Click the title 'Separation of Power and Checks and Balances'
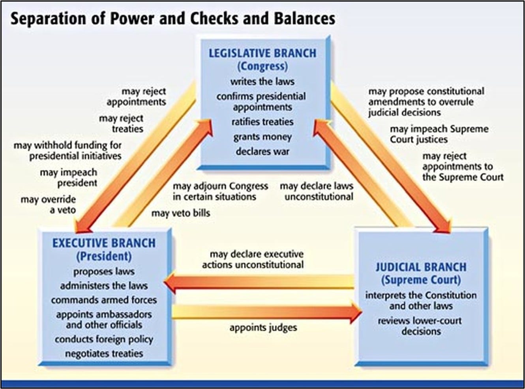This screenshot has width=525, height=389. tap(173, 19)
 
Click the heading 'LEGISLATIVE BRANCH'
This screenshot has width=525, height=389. tap(262, 53)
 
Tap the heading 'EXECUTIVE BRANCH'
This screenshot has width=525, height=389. tap(104, 243)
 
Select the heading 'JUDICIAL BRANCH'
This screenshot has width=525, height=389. tap(421, 267)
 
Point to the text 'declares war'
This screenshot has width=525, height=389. tap(262, 151)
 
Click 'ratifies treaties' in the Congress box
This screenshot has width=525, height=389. tap(262, 122)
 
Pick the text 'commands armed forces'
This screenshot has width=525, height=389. tap(104, 300)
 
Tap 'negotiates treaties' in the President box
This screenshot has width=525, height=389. tap(104, 354)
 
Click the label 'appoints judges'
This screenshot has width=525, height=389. tap(263, 328)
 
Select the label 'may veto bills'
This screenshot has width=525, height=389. tap(181, 213)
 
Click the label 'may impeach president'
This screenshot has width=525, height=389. tap(69, 178)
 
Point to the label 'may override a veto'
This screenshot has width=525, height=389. tap(48, 205)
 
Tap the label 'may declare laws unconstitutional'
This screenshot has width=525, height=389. tap(317, 191)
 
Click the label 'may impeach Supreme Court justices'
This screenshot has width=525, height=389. tap(439, 134)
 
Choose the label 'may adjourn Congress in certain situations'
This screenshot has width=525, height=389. tap(220, 191)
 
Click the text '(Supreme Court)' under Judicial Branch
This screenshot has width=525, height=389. tap(421, 280)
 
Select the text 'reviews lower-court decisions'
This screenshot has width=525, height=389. tap(420, 326)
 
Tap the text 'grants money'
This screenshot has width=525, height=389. tap(262, 137)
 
